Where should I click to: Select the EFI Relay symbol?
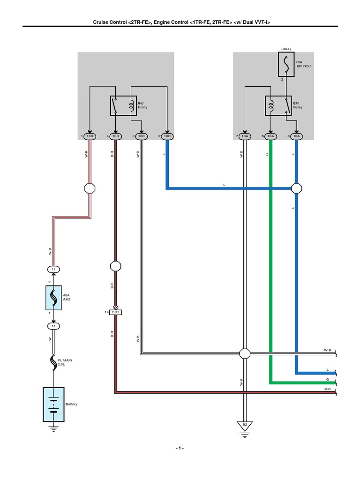pos(277,106)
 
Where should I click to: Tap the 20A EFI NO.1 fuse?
pos(284,64)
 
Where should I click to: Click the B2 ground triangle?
pos(244,426)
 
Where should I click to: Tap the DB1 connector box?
pos(115,312)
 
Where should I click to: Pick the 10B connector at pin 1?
pos(90,136)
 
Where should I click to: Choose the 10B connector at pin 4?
pos(116,136)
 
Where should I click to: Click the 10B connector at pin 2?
pos(167,136)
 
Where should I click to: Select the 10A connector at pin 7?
pos(244,136)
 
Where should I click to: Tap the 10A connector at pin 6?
pos(270,136)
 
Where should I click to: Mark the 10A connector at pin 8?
pos(296,136)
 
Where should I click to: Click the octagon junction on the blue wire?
pos(296,188)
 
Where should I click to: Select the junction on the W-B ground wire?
pos(244,353)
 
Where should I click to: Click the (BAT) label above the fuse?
pos(286,49)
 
